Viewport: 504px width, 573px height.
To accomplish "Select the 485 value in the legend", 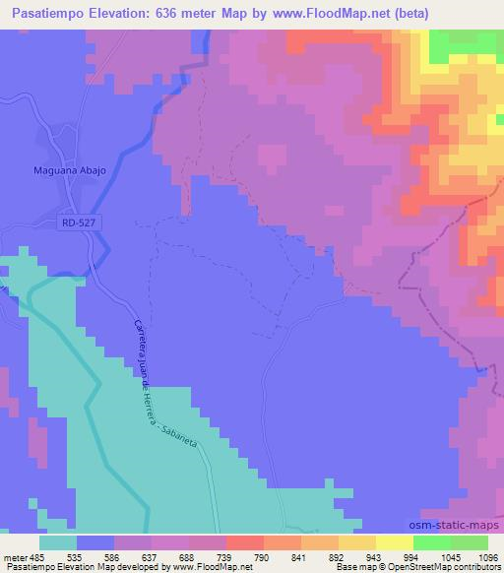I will point(37,556).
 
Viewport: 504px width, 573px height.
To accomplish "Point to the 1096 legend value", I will point(487,556).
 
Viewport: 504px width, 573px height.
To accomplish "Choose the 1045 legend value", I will point(450,556).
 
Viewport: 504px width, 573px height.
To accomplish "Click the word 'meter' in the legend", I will point(14,556).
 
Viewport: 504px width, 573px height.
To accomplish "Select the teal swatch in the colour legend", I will point(58,542).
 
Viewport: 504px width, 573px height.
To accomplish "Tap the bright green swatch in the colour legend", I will point(432,542).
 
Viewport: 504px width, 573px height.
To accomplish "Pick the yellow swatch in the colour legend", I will point(395,542).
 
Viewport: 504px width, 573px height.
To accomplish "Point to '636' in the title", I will point(163,14).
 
